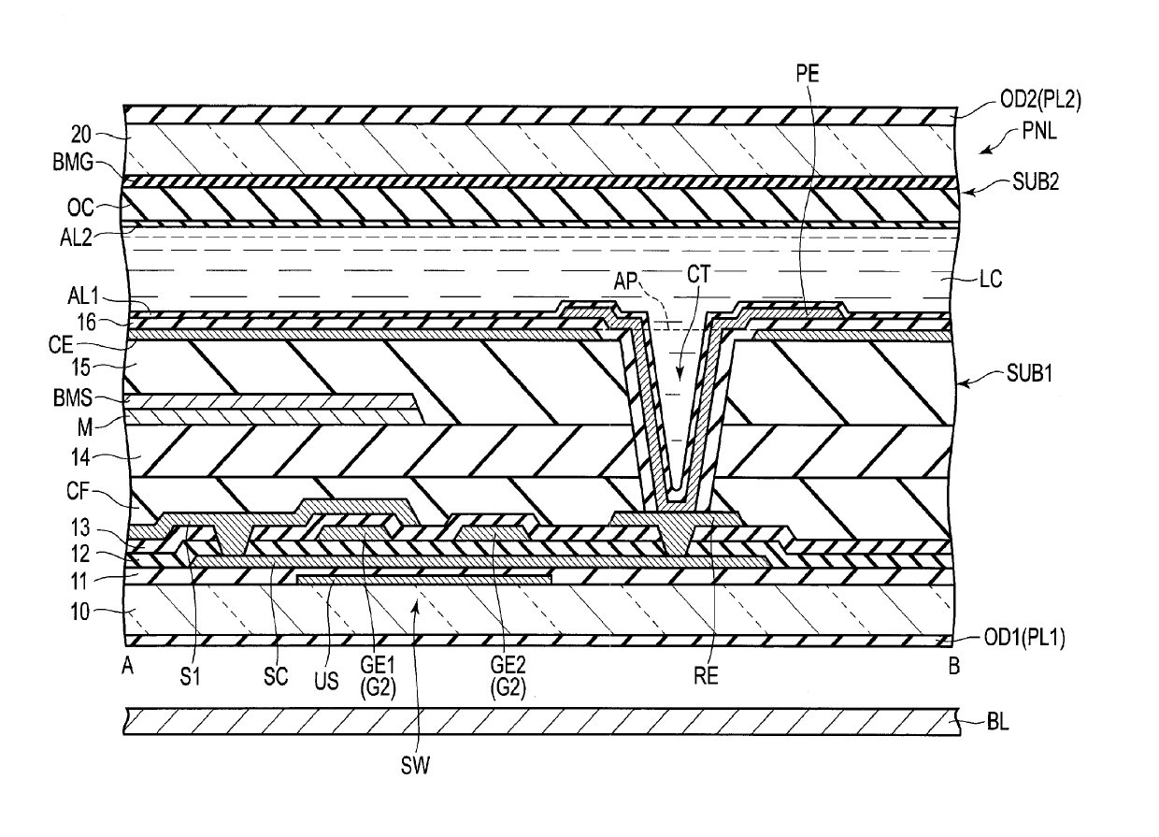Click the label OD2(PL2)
point(1040,100)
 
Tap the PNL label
point(1039,132)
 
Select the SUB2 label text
point(1036,181)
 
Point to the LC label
point(991,280)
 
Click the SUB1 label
point(1030,373)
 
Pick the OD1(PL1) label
point(1024,638)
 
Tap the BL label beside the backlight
point(998,722)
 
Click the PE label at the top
point(808,74)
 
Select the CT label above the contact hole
point(698,274)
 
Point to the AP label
point(626,281)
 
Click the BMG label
point(73,163)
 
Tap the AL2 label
point(76,238)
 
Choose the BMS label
point(73,398)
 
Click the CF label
point(79,491)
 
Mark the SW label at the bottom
point(415,766)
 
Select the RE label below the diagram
point(707,676)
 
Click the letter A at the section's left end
point(127,667)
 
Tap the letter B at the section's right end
point(954,666)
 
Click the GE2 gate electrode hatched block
point(494,533)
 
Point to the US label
point(326,681)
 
